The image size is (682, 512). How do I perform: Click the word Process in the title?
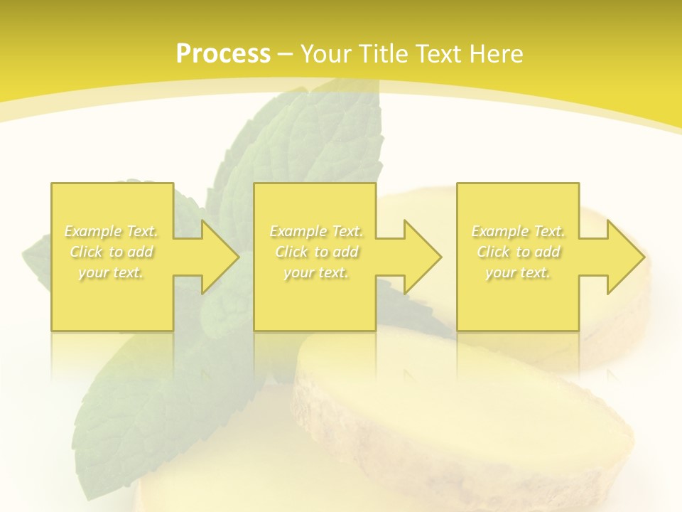tap(223, 54)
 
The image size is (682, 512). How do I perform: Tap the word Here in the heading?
tap(497, 54)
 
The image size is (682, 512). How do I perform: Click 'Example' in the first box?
tap(92, 231)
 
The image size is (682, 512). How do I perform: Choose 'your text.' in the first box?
tap(111, 272)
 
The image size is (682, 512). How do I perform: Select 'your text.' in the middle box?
tap(316, 272)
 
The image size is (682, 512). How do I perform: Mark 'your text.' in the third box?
tap(518, 272)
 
